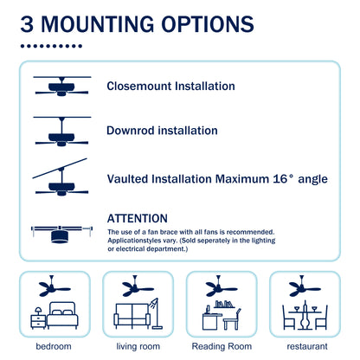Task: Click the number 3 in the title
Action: pos(27,24)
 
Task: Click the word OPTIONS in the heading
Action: pos(208,24)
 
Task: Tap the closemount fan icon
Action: pos(62,86)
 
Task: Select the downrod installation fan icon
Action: pos(62,132)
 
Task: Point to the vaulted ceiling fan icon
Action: pos(61,177)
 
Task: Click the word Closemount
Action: pos(139,87)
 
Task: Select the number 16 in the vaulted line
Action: pos(280,179)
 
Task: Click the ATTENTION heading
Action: pos(138,219)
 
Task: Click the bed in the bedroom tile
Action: pos(62,315)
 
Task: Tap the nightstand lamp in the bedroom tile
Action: pos(38,311)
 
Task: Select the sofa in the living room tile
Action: pos(132,316)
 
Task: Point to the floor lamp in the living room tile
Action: pos(156,313)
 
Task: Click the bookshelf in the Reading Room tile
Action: pos(224,304)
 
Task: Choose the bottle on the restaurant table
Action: pos(305,315)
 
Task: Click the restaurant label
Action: pos(307,346)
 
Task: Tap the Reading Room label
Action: pos(222,346)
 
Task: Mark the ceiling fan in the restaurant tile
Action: pos(304,286)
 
